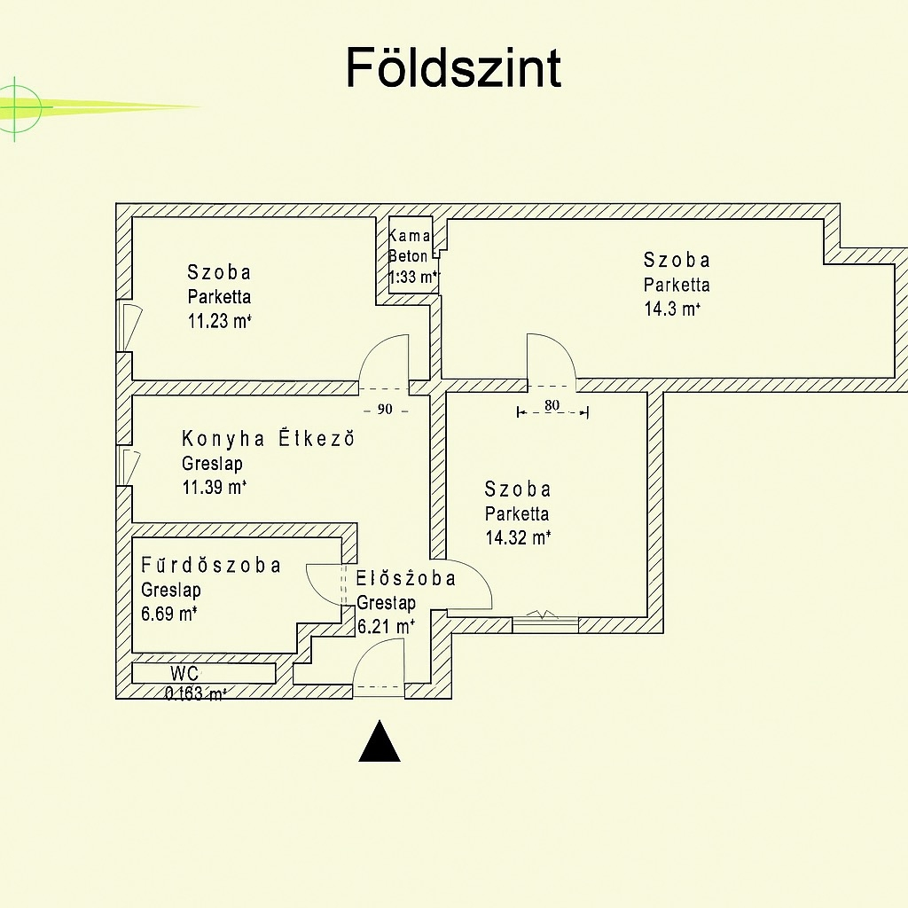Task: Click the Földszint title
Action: pos(453,68)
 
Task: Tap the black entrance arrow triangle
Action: pos(380,743)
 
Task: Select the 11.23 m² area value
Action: pos(219,321)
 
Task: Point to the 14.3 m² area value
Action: pos(672,309)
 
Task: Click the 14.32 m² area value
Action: pos(518,536)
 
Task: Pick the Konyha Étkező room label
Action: pos(267,438)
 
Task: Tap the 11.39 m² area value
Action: pos(214,486)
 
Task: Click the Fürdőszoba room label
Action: pos(211,566)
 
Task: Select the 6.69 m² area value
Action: pos(168,614)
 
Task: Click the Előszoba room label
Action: pos(406,579)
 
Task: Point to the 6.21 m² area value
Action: pos(386,626)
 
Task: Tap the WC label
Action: pos(184,673)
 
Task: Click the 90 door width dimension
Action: pos(385,410)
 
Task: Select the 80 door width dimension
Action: pos(552,406)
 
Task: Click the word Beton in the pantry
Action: pos(408,256)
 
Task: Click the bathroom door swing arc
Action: pos(324,583)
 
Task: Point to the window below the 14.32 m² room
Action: pos(545,622)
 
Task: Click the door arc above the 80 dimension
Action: pos(551,359)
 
